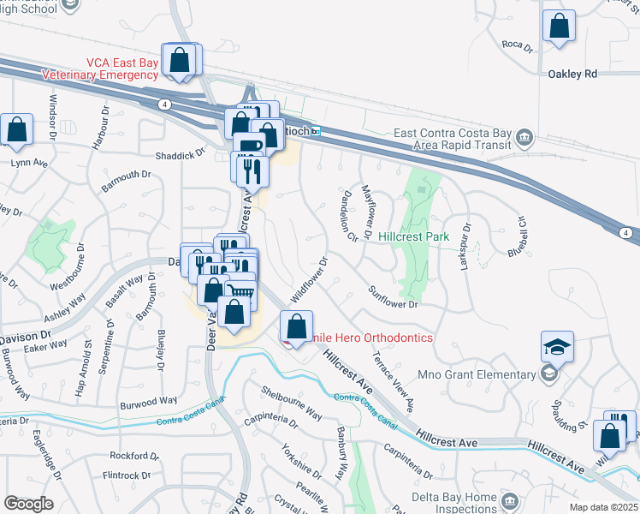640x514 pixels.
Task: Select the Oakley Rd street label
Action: coord(572,75)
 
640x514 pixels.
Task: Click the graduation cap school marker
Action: coord(557,349)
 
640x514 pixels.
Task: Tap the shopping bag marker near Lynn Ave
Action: coord(17,131)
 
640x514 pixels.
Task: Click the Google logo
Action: coord(27,503)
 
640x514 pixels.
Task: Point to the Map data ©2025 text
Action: coord(604,507)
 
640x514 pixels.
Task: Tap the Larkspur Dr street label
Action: coord(465,247)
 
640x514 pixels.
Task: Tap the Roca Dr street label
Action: coord(517,45)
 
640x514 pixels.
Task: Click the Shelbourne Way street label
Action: coord(292,402)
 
